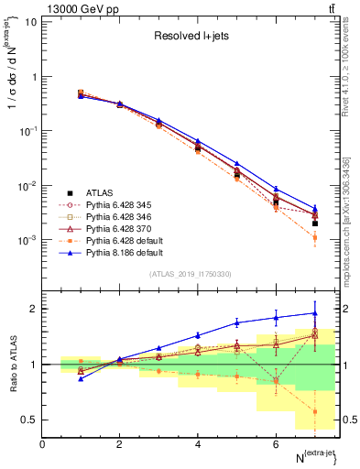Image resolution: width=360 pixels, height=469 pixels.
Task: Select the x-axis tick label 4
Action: point(198,445)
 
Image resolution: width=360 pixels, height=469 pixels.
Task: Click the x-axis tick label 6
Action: point(276,445)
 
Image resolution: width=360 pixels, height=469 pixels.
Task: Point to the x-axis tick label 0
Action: point(43,445)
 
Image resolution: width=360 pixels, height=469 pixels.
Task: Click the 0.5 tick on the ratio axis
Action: point(29,420)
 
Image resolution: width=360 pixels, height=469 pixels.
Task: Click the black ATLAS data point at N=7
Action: point(314,223)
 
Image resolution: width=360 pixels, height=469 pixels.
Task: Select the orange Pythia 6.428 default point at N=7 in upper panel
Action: point(314,237)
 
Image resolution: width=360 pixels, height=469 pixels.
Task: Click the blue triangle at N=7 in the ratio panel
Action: point(314,312)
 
